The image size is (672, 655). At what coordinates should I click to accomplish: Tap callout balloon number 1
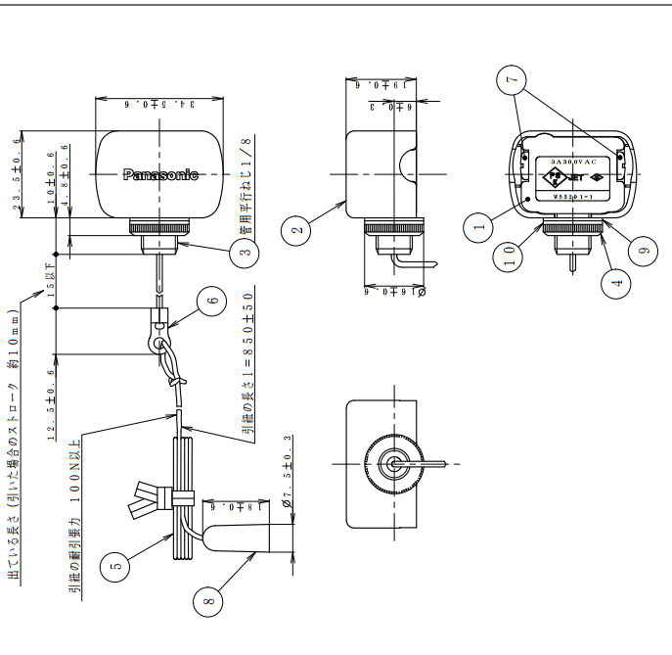click(x=479, y=227)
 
